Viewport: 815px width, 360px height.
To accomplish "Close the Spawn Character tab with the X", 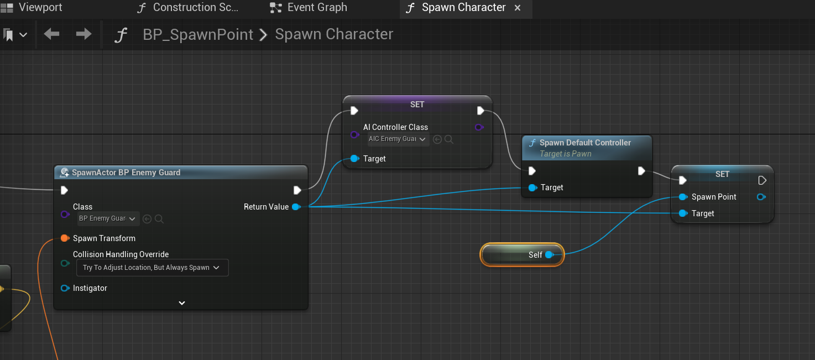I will tap(518, 8).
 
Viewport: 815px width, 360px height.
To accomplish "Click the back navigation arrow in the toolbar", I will tap(51, 34).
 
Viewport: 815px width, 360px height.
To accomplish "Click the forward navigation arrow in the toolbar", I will tap(83, 34).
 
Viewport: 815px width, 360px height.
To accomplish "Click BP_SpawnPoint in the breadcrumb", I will tap(198, 34).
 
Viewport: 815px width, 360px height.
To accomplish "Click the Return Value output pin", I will tap(296, 207).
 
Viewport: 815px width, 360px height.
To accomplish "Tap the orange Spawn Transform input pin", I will tap(65, 238).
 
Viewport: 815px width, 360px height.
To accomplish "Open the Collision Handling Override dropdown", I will tap(151, 268).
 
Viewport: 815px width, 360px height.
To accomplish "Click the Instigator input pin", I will tap(65, 288).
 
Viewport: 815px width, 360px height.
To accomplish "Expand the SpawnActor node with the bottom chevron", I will tap(181, 303).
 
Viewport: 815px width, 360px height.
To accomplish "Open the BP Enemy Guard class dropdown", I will tap(107, 218).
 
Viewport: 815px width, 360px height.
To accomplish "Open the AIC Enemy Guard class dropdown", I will tap(398, 139).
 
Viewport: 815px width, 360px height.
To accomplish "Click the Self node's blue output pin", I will tap(549, 255).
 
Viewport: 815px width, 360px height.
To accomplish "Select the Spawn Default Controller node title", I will tap(585, 143).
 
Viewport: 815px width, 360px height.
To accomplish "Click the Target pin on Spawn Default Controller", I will tap(532, 188).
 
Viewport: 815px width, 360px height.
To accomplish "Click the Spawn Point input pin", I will tap(683, 197).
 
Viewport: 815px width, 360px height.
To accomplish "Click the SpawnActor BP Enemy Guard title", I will tap(126, 173).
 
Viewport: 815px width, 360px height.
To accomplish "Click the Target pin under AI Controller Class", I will tap(354, 159).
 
